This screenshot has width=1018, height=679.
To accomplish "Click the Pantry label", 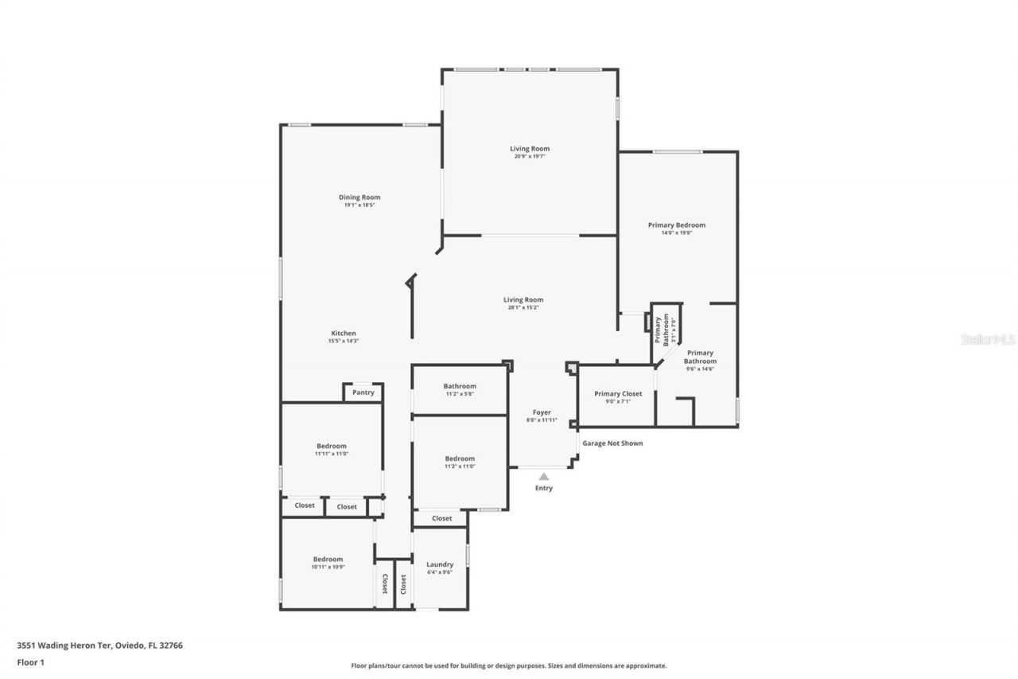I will click(x=363, y=392).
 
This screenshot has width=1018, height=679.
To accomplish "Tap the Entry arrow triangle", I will click(x=544, y=477).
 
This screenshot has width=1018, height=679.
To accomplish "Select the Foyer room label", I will click(x=542, y=412).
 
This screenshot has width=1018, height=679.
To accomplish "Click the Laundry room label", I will click(x=440, y=564).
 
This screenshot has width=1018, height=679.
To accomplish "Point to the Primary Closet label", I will click(x=618, y=393).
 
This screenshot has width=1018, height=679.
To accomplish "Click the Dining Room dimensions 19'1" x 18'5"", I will click(x=359, y=205).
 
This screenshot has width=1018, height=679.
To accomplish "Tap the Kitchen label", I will click(x=344, y=333).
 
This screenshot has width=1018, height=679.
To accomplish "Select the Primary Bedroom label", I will click(x=676, y=224).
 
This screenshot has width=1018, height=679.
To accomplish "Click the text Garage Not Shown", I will click(x=612, y=443).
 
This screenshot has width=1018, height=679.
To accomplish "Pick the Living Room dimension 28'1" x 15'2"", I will click(x=523, y=308).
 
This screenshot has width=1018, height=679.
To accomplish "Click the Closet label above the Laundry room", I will click(x=442, y=518).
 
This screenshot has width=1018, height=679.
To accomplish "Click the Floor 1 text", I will click(x=30, y=661).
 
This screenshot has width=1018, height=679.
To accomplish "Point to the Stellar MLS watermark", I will click(x=989, y=339).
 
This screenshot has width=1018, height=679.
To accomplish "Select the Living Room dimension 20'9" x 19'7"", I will click(x=530, y=157).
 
